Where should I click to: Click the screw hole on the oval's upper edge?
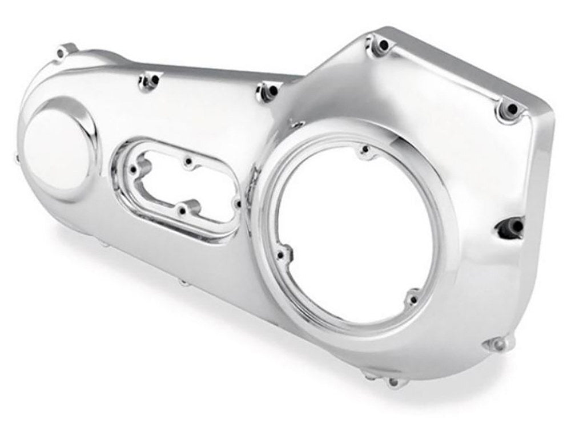(x=187, y=164)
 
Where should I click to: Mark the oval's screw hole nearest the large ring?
(x=235, y=201)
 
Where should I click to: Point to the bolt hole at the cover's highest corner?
(x=379, y=43)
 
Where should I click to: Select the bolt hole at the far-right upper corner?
(x=511, y=108)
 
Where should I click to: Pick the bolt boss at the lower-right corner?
(x=492, y=343)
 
